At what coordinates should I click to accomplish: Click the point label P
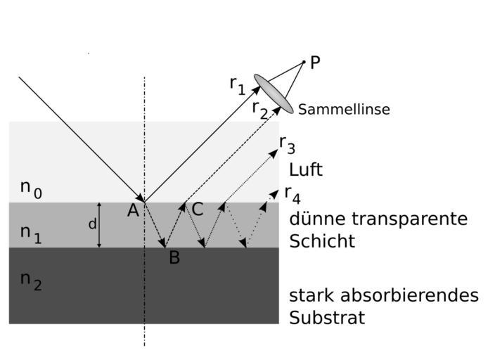click(x=315, y=63)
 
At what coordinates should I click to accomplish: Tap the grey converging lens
click(x=274, y=94)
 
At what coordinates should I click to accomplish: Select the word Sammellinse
click(x=344, y=110)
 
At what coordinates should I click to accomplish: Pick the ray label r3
click(x=287, y=144)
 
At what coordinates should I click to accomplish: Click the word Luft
click(x=306, y=170)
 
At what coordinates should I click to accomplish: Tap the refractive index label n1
click(x=31, y=233)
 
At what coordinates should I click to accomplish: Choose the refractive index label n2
click(x=31, y=280)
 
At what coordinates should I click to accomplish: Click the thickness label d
click(x=92, y=225)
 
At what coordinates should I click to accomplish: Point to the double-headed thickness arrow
click(x=100, y=225)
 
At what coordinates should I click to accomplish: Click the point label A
click(x=133, y=210)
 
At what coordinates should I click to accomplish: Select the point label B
click(x=174, y=258)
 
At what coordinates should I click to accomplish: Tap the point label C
click(x=198, y=210)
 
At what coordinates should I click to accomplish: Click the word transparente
click(x=411, y=219)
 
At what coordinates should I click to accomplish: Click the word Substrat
click(x=327, y=318)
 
